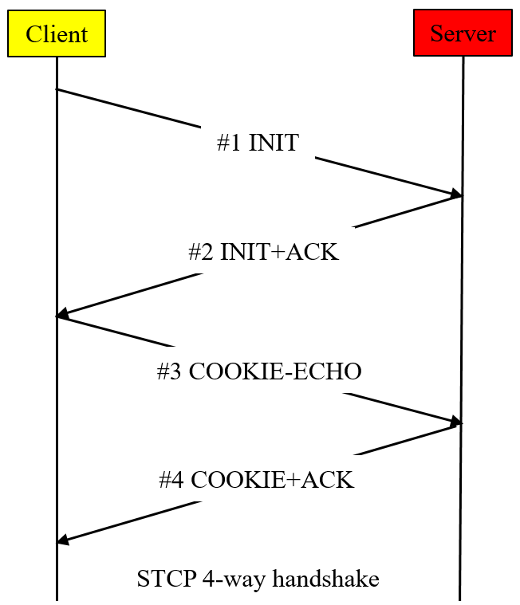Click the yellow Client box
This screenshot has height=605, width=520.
[57, 33]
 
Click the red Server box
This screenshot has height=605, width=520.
[463, 33]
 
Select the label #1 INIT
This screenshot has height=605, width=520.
[258, 143]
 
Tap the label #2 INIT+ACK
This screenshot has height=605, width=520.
[263, 252]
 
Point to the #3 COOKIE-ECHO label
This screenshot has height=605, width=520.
[259, 371]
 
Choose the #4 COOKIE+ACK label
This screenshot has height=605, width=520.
[256, 480]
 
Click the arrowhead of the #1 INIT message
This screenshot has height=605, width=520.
[457, 194]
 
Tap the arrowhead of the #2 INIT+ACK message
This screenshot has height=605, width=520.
[62, 316]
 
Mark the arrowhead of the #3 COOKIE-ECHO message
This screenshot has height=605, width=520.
[457, 421]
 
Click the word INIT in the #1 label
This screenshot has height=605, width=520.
[274, 143]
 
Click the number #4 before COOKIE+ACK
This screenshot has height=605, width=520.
[171, 480]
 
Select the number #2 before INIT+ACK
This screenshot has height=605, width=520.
[200, 252]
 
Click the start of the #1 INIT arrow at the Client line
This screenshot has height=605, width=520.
[57, 89]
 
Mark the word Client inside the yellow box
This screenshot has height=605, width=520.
[57, 34]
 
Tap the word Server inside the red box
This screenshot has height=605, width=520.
[463, 33]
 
